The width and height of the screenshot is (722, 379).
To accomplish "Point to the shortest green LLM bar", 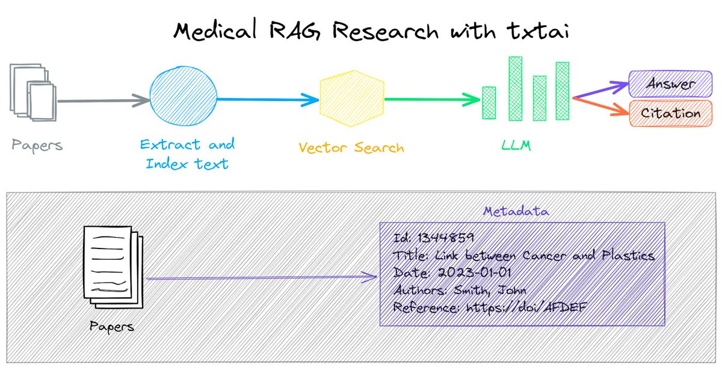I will (489, 103).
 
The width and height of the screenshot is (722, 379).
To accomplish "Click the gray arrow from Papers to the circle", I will (102, 100).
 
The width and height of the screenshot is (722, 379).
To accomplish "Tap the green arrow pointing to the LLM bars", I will (430, 99).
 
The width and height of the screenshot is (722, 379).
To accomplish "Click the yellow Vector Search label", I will (351, 147).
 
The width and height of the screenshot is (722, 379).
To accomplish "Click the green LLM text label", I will (516, 145).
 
